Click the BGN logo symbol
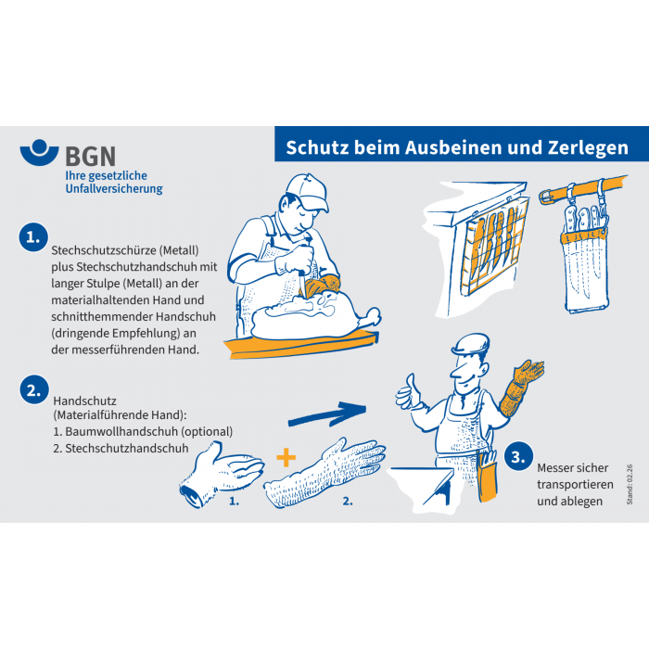(39, 152)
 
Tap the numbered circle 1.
(33, 237)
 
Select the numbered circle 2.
(34, 390)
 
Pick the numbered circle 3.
(518, 457)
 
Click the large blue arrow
(327, 414)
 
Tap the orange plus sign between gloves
(286, 457)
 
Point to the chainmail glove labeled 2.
(324, 472)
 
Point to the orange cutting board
(301, 344)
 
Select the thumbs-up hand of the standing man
(409, 392)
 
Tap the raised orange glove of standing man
(521, 387)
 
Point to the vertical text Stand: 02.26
(630, 484)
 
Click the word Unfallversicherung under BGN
(114, 189)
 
